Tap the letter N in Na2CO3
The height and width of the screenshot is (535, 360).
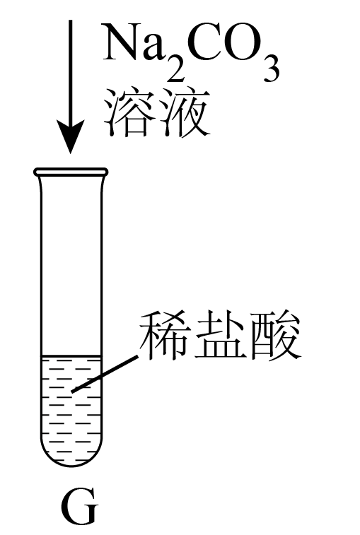(122, 42)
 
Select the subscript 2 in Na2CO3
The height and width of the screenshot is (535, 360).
(175, 70)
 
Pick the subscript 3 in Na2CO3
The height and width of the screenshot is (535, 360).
(272, 70)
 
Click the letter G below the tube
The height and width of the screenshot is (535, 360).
(80, 507)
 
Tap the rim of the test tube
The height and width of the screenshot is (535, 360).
(71, 172)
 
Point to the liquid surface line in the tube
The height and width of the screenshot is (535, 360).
(71, 356)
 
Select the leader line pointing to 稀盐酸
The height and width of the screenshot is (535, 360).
(105, 374)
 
